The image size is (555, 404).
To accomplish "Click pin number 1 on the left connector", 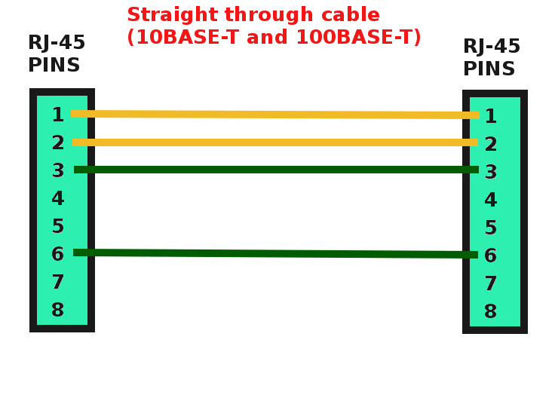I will tap(58, 115).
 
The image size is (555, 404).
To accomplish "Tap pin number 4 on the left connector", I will tap(58, 199).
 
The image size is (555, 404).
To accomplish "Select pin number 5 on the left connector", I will tap(58, 226).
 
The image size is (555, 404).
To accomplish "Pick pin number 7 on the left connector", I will tap(58, 283).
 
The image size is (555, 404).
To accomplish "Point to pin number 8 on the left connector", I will tap(58, 310).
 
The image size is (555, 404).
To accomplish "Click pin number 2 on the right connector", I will tap(491, 144).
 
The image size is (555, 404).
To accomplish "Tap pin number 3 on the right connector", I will tap(491, 172).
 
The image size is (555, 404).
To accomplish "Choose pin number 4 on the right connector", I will tap(491, 200).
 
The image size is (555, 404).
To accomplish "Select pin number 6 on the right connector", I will tap(491, 256).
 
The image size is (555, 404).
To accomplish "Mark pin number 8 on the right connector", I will tap(491, 312).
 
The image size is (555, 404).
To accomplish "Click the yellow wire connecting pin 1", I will tap(274, 115).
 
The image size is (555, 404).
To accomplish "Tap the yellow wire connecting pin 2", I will tap(274, 142).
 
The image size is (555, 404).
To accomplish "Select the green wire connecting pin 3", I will tap(276, 170).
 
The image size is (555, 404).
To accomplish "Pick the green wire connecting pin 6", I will tap(276, 254).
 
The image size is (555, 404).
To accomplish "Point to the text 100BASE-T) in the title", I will tap(358, 38).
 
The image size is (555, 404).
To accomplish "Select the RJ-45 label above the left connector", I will tap(57, 43).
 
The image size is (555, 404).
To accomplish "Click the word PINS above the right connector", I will tap(489, 69).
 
